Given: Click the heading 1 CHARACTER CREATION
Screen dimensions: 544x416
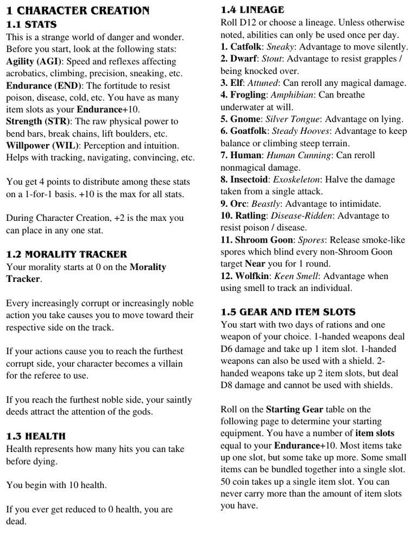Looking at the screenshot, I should [78, 10].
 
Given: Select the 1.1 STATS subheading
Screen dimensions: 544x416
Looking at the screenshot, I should [31, 24].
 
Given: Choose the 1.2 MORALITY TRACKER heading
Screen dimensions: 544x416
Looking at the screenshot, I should [66, 254].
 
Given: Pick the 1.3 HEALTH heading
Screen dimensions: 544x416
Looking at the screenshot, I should [35, 436].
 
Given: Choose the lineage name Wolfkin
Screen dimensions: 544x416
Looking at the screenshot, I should [252, 276].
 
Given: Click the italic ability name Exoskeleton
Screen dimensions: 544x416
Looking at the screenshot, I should [301, 180].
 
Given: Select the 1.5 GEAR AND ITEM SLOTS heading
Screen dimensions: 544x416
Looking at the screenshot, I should [288, 312].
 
